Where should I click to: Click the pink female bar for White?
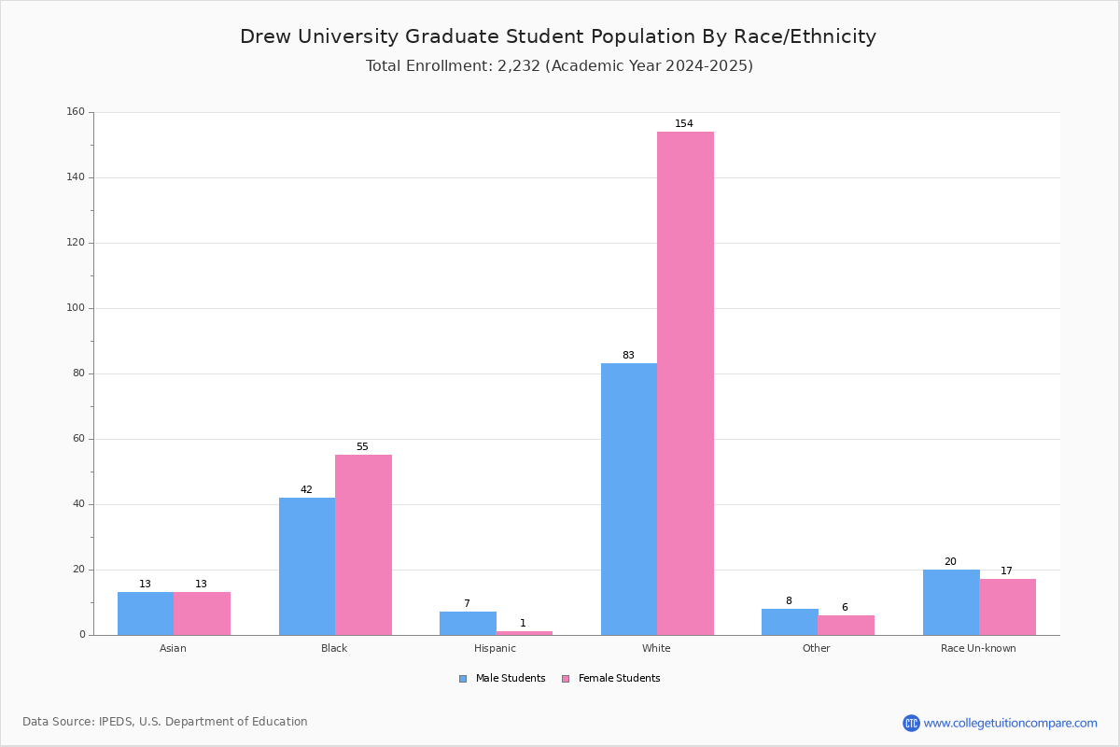pyautogui.click(x=685, y=383)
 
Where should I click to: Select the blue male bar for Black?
pyautogui.click(x=307, y=566)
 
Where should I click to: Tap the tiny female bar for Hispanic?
pyautogui.click(x=524, y=633)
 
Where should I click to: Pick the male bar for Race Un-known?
pyautogui.click(x=951, y=602)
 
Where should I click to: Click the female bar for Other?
pyautogui.click(x=846, y=625)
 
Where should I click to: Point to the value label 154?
pyautogui.click(x=684, y=124)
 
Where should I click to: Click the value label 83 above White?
pyautogui.click(x=628, y=356)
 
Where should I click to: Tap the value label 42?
pyautogui.click(x=306, y=490)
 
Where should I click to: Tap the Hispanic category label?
pyautogui.click(x=495, y=648)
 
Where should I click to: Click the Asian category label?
pyautogui.click(x=173, y=648)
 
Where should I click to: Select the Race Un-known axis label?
pyautogui.click(x=978, y=648)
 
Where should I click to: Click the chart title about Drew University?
pyautogui.click(x=558, y=36)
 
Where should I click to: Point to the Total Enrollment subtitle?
pyautogui.click(x=559, y=66)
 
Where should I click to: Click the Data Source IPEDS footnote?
pyautogui.click(x=165, y=722)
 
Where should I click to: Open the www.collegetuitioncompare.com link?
pyautogui.click(x=1010, y=723)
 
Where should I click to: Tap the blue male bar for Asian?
pyautogui.click(x=146, y=613)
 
